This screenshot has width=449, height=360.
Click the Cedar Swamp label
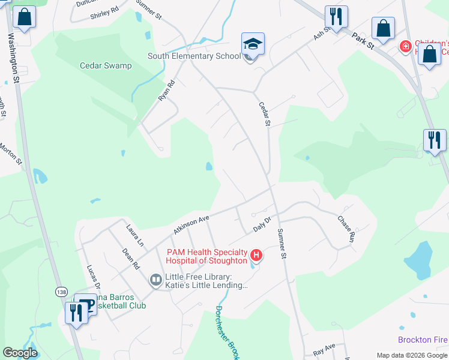pos(106,65)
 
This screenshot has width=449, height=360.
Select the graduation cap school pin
pos(253,45)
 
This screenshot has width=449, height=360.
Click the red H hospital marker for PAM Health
pos(256,256)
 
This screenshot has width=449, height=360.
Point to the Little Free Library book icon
pos(155,280)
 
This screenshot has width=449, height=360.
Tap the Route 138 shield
pos(61,292)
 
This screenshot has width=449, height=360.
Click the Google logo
pos(20,353)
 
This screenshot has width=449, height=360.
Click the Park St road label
pos(363,41)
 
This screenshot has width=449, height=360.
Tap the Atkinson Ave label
pos(190,224)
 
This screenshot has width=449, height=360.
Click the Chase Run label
pos(347,230)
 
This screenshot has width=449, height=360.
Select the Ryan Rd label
pos(166,91)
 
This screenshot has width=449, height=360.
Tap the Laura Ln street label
pos(135,235)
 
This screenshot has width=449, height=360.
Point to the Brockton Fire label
pos(423,340)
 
